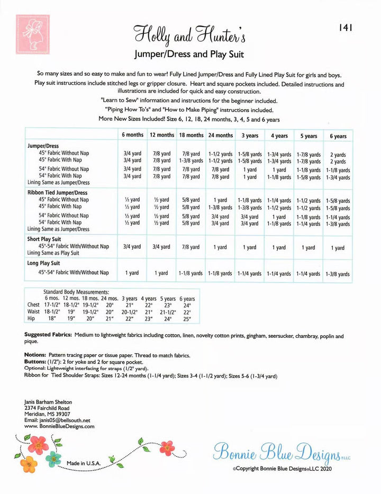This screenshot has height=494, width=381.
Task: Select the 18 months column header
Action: [x=191, y=135]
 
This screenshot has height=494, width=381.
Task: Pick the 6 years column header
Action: [x=338, y=136]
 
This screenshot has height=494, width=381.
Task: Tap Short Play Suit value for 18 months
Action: [x=191, y=247]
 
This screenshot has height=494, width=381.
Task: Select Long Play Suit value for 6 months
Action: [x=132, y=273]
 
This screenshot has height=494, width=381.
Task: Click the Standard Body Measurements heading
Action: [x=76, y=292]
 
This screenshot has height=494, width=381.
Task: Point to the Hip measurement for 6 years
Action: [x=186, y=319]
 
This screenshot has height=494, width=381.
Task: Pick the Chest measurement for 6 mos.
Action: [x=51, y=306]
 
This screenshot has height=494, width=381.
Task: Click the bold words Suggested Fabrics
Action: [x=48, y=336]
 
